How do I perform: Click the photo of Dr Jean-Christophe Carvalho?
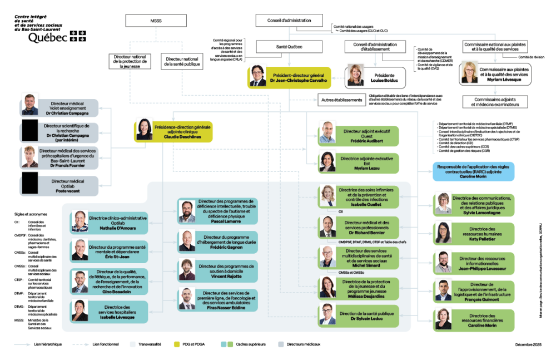pos(258,76)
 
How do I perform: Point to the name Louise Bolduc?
pos(384,80)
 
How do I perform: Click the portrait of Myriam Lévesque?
pos(469,73)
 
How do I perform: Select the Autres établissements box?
pos(341,101)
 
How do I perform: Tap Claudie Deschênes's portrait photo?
pos(145,130)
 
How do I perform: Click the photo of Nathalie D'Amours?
pos(80,221)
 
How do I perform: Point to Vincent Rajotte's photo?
pos(187,270)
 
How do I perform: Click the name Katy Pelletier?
pos(482,238)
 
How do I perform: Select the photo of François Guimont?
pos(444,290)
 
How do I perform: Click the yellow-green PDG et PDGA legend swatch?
pos(177,344)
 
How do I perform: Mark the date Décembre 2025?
pos(528,345)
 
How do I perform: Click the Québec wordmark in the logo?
pos(48,37)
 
